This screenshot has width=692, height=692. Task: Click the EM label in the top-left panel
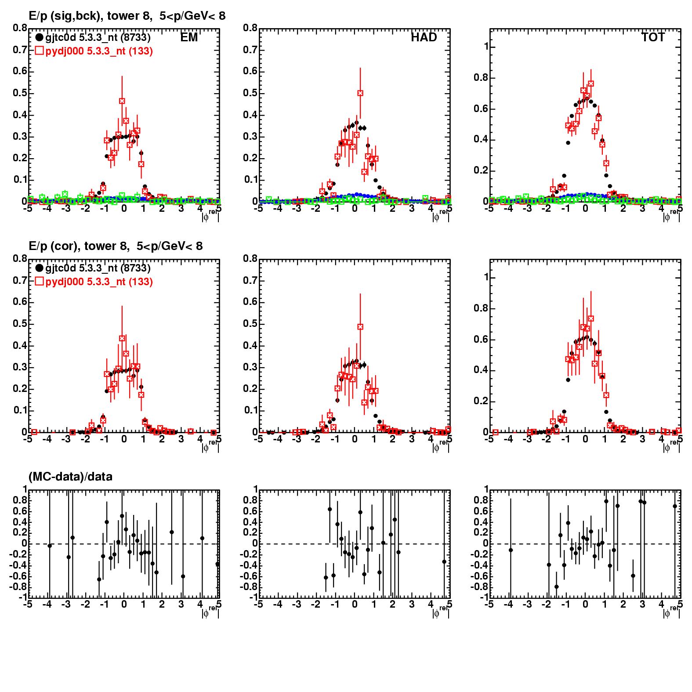[189, 38]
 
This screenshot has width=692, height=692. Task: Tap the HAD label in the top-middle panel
[424, 38]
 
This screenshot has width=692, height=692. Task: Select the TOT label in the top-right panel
[653, 38]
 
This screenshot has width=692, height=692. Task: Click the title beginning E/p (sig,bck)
[127, 16]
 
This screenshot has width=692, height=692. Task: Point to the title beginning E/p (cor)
[116, 246]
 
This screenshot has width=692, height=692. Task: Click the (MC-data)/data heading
[70, 476]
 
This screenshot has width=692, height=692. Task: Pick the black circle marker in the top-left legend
[40, 38]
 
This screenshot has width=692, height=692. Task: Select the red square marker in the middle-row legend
[40, 282]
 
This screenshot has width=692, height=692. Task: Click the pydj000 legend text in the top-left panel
[99, 51]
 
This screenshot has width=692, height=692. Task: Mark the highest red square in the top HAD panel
[360, 93]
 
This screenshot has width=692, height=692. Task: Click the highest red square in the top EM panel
[122, 101]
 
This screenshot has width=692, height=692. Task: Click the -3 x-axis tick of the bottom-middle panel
[297, 605]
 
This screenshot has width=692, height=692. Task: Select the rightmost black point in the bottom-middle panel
[444, 562]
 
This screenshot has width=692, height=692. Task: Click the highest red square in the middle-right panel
[591, 319]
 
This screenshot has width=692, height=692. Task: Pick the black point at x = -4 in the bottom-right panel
[511, 550]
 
